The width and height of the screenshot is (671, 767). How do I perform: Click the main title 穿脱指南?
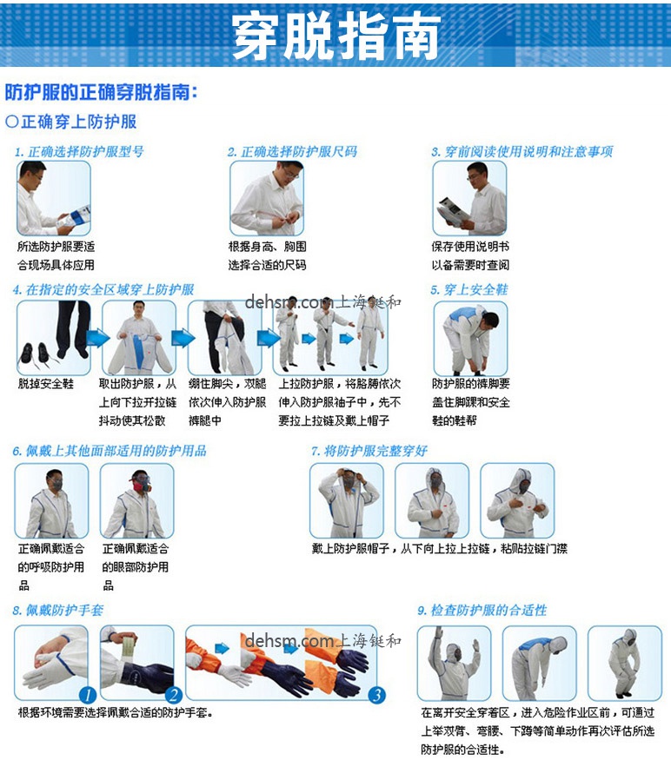(335, 36)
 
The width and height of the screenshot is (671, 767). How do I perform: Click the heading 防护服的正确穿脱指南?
(102, 92)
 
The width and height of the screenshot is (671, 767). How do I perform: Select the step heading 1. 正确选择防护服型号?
(79, 152)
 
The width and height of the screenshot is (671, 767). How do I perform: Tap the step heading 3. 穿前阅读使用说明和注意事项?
(522, 152)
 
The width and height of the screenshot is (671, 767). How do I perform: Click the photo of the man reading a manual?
(469, 198)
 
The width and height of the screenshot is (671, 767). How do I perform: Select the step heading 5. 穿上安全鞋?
(469, 290)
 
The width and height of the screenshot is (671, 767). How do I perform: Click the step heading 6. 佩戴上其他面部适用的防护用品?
(110, 452)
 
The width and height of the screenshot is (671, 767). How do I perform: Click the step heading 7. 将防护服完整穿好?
(369, 452)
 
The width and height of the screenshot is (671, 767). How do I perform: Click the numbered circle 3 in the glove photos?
(376, 695)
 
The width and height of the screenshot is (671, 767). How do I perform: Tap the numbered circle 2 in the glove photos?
(173, 695)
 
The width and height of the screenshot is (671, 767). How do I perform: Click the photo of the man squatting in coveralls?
(624, 664)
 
